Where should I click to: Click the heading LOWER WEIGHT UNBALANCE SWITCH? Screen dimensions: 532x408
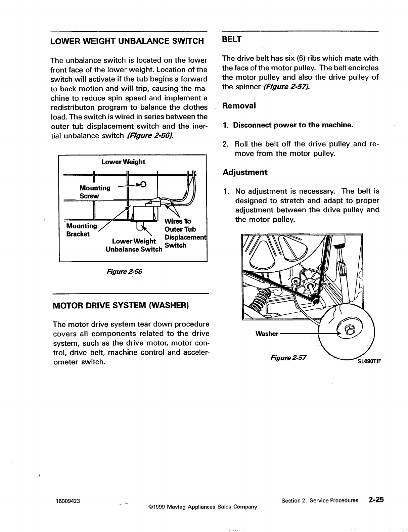tap(127, 41)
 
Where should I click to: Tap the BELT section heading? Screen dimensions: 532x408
tap(232, 39)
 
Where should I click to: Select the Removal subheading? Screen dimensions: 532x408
tap(239, 106)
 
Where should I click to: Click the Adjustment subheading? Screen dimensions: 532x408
tap(245, 172)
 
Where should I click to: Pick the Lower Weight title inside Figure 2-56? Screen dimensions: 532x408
tap(123, 162)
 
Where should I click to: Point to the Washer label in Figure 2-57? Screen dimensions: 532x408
tap(267, 334)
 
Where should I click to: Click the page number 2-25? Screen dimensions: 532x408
tap(375, 500)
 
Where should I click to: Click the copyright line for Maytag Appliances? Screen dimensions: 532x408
tap(198, 507)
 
